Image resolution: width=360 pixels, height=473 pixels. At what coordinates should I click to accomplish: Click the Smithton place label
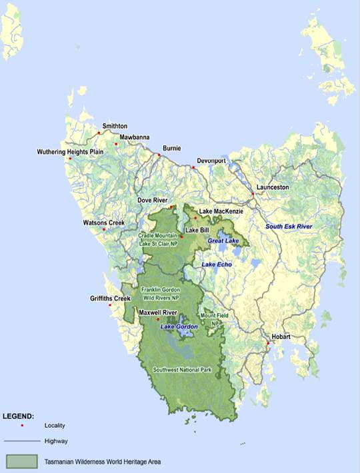[x=115, y=126]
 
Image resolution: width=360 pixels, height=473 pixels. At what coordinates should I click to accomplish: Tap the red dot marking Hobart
[x=268, y=343]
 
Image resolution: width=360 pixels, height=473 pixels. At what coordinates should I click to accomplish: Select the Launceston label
[x=273, y=187]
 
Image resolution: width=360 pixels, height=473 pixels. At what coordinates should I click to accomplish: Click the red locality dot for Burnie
[x=159, y=155]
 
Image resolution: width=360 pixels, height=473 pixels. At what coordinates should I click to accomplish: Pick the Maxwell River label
[x=157, y=312]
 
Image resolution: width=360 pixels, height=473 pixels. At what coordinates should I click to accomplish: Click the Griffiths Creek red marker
[x=110, y=305]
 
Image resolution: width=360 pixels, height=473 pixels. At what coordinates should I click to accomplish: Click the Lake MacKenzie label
[x=221, y=211]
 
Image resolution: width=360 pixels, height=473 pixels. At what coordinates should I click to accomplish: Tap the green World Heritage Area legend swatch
[x=24, y=460]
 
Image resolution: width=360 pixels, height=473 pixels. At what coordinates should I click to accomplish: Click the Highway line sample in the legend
[x=24, y=441]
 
